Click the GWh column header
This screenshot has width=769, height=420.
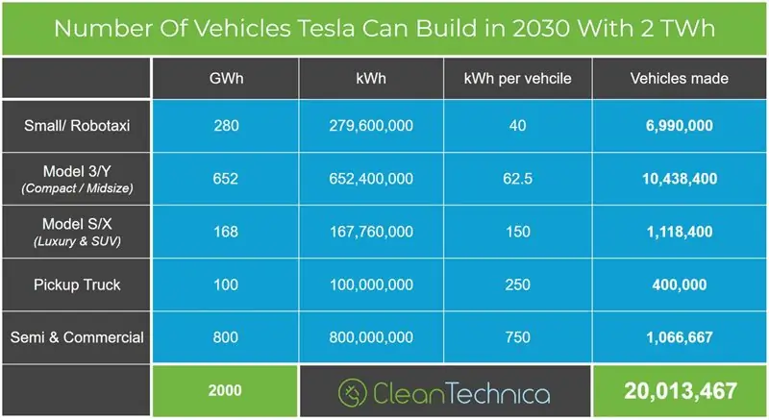(226, 78)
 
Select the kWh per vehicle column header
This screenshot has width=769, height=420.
(519, 78)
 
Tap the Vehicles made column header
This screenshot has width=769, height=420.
(679, 78)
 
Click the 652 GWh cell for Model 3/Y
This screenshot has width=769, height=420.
(226, 179)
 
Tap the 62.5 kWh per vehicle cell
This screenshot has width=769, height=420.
(519, 179)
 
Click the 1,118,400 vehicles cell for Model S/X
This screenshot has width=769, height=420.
(679, 232)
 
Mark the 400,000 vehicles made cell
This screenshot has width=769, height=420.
(679, 285)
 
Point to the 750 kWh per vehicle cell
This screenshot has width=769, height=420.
(519, 337)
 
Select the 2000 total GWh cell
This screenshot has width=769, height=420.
(226, 391)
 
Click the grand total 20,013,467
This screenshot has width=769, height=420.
(680, 391)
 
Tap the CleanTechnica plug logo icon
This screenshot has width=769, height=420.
(353, 393)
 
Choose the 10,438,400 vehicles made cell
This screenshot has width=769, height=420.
(679, 179)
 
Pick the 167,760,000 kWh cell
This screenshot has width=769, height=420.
(372, 232)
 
